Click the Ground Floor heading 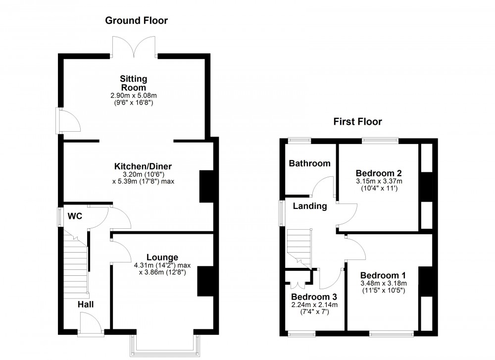tap(136, 21)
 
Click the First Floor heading tap(357, 121)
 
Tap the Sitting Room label tap(133, 83)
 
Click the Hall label tap(85, 305)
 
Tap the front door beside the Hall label tap(92, 326)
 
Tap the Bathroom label tap(309, 163)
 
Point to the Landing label tap(309, 206)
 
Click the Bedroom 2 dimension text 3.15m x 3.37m tap(378, 181)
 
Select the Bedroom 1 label tap(383, 275)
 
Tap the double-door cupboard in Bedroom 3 tap(297, 280)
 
